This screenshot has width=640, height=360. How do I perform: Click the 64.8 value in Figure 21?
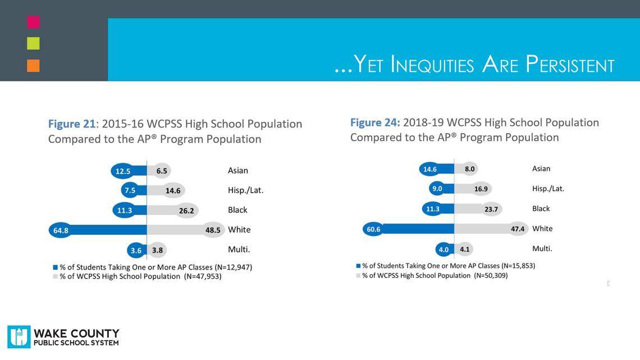[61, 230]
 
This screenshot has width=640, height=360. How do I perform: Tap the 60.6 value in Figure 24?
[374, 229]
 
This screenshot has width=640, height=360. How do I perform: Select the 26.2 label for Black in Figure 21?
[186, 211]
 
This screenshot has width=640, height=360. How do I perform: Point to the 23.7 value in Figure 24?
[491, 209]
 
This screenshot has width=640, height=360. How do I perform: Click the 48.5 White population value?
[213, 230]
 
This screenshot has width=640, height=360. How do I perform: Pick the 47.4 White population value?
[518, 229]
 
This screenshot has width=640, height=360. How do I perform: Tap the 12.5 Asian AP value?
[123, 171]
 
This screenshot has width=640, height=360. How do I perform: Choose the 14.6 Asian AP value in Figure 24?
[430, 169]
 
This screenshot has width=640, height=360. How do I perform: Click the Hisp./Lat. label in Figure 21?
[245, 190]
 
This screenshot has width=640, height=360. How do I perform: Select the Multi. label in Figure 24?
[542, 248]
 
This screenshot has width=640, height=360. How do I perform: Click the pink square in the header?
[33, 22]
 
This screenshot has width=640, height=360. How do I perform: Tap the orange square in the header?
[33, 65]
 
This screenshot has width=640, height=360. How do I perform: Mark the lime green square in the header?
[33, 43]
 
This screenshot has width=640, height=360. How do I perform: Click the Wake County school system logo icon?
[19, 337]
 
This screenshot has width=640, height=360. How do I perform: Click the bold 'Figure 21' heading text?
[71, 124]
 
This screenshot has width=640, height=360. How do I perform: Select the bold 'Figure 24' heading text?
[375, 122]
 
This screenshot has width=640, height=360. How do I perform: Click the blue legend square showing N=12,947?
[56, 267]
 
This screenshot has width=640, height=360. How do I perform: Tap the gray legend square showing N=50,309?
[358, 276]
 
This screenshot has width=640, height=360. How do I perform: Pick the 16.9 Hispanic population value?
[481, 189]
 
